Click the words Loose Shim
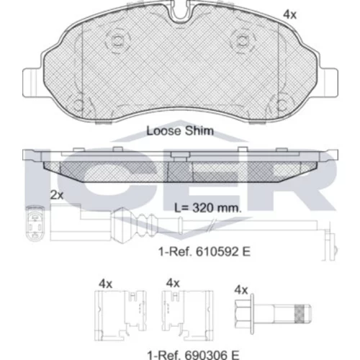coord(180,131)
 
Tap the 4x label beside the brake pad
coord(290,14)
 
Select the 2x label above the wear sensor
coord(57,195)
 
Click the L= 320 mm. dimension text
coord(208,208)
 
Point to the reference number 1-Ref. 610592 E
coord(204,251)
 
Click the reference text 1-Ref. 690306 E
coord(193,355)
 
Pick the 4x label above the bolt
coord(241,290)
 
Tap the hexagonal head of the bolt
coord(243,314)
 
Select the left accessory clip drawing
coord(120,315)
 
